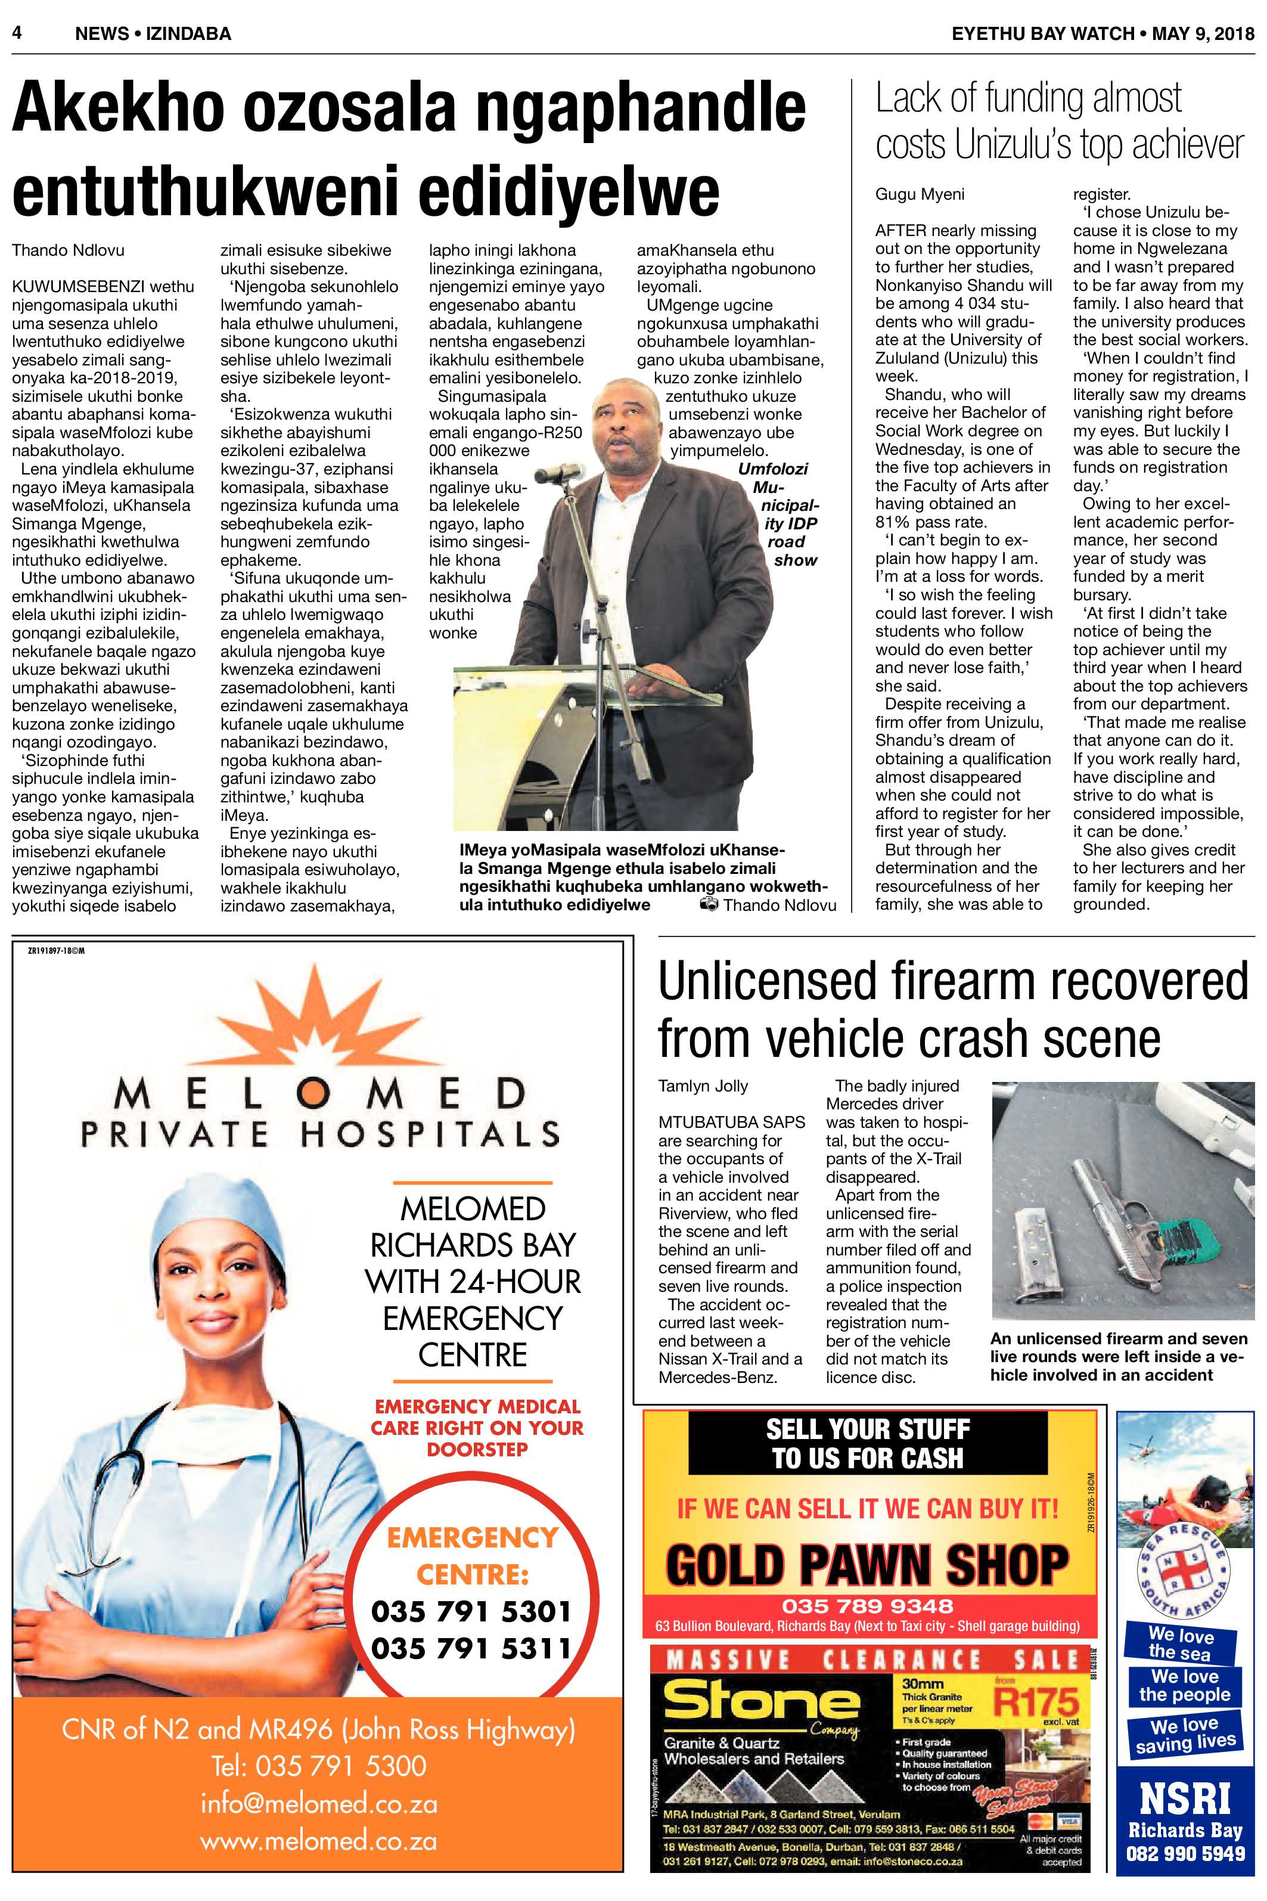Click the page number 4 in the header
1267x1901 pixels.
(17, 33)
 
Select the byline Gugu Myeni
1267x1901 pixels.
(920, 194)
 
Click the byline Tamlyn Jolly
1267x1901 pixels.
(703, 1086)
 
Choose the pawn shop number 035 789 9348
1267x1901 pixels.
(867, 1605)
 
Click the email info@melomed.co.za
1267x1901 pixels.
(319, 1803)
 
